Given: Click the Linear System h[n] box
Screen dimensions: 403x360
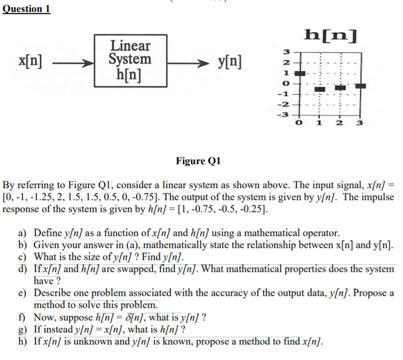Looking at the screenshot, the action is tap(130, 60).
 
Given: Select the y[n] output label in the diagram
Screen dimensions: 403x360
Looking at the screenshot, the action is tap(229, 63).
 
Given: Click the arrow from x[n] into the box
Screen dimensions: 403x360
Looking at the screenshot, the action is tap(72, 63).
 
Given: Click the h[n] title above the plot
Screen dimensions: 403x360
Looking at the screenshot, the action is tap(331, 35).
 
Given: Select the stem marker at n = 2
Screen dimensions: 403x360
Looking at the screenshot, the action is tap(340, 87).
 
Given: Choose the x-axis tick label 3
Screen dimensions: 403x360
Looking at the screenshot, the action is tap(360, 123).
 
